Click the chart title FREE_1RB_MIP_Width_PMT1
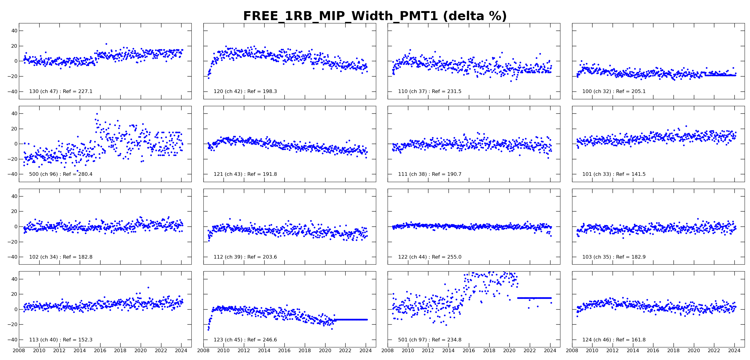tap(375, 16)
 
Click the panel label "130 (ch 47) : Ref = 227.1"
tap(61, 91)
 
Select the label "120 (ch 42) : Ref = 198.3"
tap(245, 91)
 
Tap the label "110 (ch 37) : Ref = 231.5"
tap(430, 91)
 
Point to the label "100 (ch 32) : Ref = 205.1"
tap(614, 91)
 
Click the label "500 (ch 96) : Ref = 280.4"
tap(61, 174)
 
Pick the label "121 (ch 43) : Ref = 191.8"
tap(245, 174)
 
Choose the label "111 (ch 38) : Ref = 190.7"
tap(430, 174)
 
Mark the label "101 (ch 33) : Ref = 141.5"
tap(614, 174)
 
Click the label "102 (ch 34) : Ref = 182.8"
tap(61, 257)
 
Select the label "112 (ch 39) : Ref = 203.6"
tap(245, 257)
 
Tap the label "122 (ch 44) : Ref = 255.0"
tap(430, 257)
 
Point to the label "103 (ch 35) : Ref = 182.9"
tap(614, 257)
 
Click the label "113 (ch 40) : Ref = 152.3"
tap(61, 340)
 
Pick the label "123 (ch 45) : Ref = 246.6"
tap(245, 340)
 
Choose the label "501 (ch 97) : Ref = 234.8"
tap(430, 340)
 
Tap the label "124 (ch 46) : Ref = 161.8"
tap(614, 340)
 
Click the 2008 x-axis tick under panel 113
tap(19, 351)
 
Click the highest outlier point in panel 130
tap(106, 44)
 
